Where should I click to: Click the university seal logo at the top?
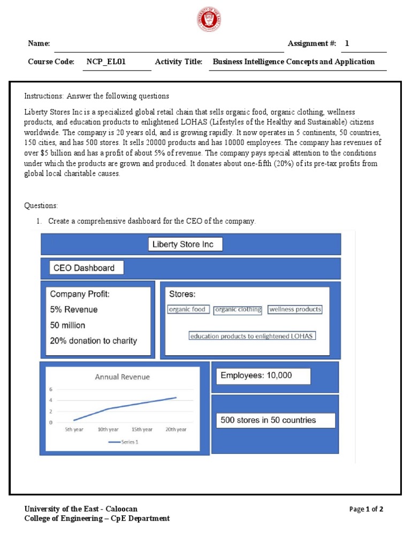click(x=208, y=21)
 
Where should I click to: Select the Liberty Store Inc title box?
click(x=185, y=245)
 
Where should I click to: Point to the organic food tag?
click(x=187, y=309)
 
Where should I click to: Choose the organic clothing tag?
click(x=238, y=309)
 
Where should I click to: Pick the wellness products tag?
click(x=295, y=309)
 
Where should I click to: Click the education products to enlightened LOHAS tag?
click(x=252, y=336)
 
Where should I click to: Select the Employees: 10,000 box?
click(x=263, y=376)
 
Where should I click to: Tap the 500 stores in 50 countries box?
click(x=276, y=420)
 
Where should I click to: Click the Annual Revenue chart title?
click(x=123, y=377)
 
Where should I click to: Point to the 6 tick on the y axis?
click(x=51, y=389)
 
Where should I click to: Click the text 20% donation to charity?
click(x=93, y=340)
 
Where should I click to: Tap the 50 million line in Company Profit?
click(x=67, y=325)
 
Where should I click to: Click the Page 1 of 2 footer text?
click(x=366, y=509)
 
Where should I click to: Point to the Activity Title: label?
click(x=178, y=62)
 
